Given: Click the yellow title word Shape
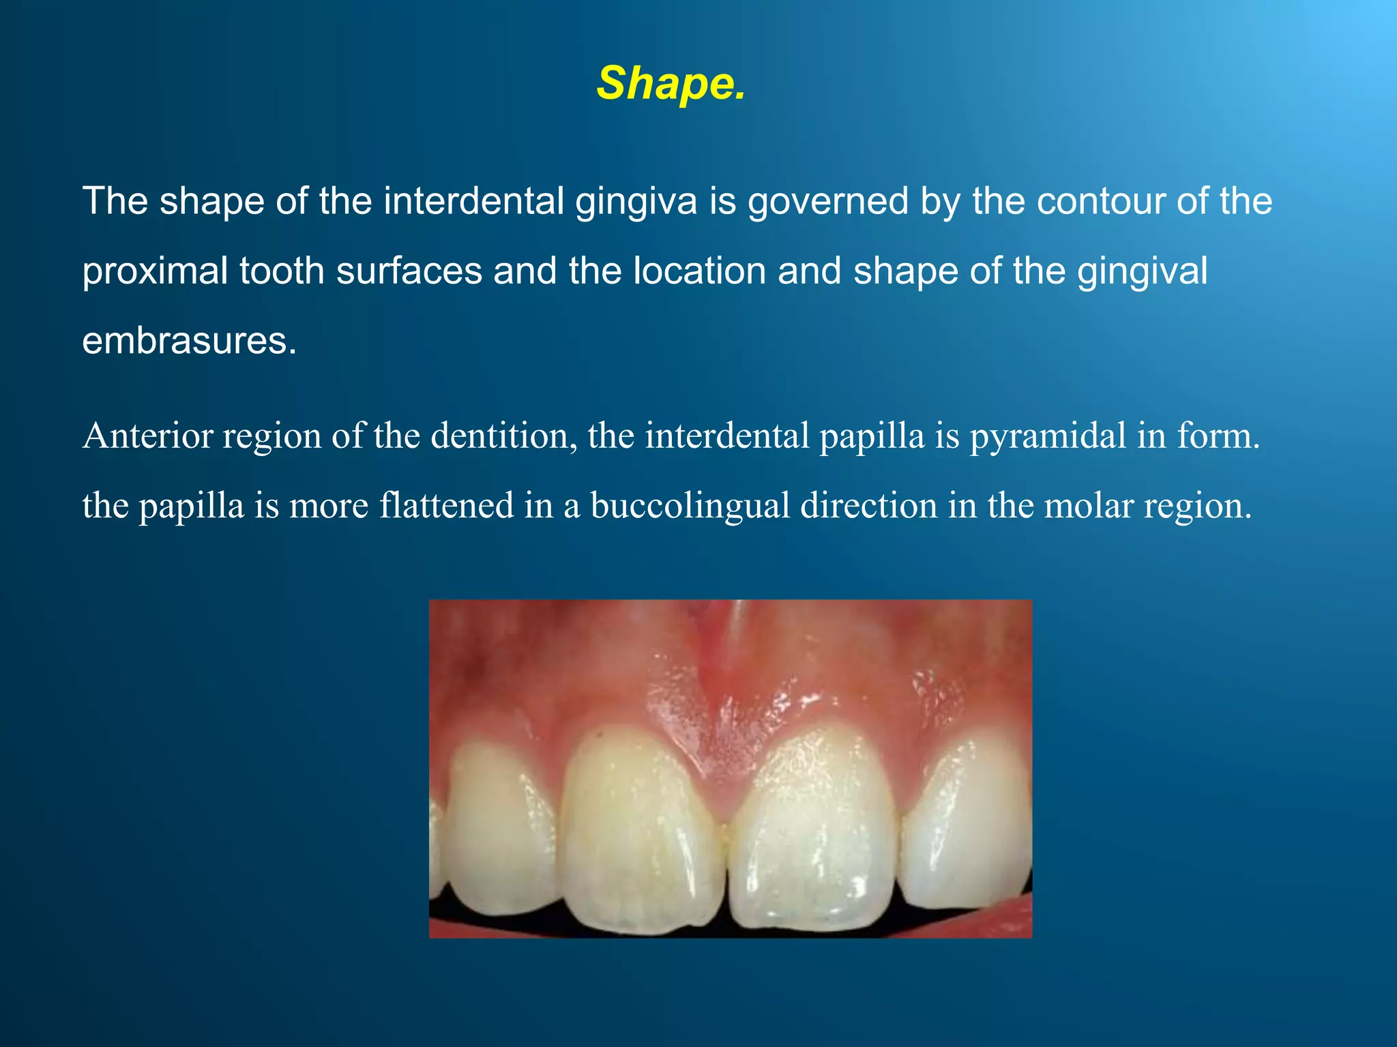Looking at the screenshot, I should pos(671,84).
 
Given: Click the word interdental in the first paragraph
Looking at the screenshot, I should pos(473,201).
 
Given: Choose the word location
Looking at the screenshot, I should pos(700,271).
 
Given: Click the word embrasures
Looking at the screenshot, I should pos(189,341).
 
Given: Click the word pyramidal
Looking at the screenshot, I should pos(1048,436).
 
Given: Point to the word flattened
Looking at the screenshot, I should pos(446,506).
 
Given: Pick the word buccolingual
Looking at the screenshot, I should pos(690,506).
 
